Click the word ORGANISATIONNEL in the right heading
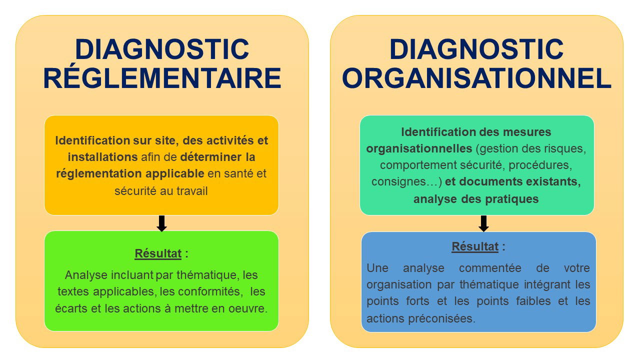tap(476, 78)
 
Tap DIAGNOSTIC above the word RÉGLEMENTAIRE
tap(162, 49)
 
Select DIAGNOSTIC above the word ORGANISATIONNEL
tap(476, 49)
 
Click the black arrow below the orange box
tap(161, 223)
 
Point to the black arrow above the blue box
tap(483, 223)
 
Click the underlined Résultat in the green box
tap(158, 253)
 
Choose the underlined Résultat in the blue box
tap(475, 246)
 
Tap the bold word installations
tap(102, 157)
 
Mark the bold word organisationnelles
tap(419, 148)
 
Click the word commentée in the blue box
tap(490, 268)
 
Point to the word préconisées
tap(441, 318)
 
